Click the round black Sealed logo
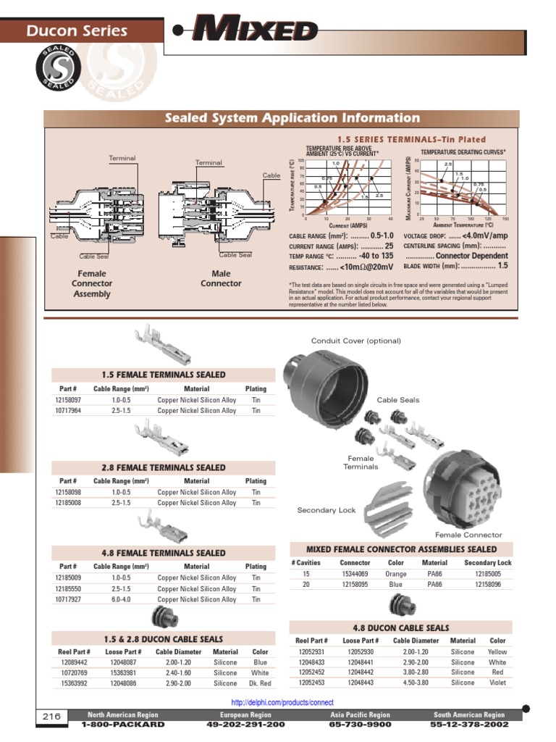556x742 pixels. point(56,70)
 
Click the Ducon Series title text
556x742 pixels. point(77,30)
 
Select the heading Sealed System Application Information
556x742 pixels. point(292,118)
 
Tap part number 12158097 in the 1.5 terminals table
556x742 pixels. point(68,400)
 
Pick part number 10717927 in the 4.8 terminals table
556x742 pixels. point(68,599)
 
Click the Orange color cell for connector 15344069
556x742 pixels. point(396,574)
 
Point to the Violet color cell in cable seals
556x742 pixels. point(497,683)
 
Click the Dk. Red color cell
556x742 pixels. point(260,683)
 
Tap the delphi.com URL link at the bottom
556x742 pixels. point(282,702)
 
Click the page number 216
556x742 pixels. point(51,717)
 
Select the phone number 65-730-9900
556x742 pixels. point(360,724)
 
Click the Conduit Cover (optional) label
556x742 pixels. point(355,341)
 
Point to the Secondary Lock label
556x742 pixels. point(327,510)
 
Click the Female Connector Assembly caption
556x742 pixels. point(92,284)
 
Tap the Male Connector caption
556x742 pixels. point(221,279)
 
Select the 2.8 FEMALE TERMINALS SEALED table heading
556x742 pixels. point(163,468)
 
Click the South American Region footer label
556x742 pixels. point(469,715)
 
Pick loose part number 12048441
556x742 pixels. point(361,662)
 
